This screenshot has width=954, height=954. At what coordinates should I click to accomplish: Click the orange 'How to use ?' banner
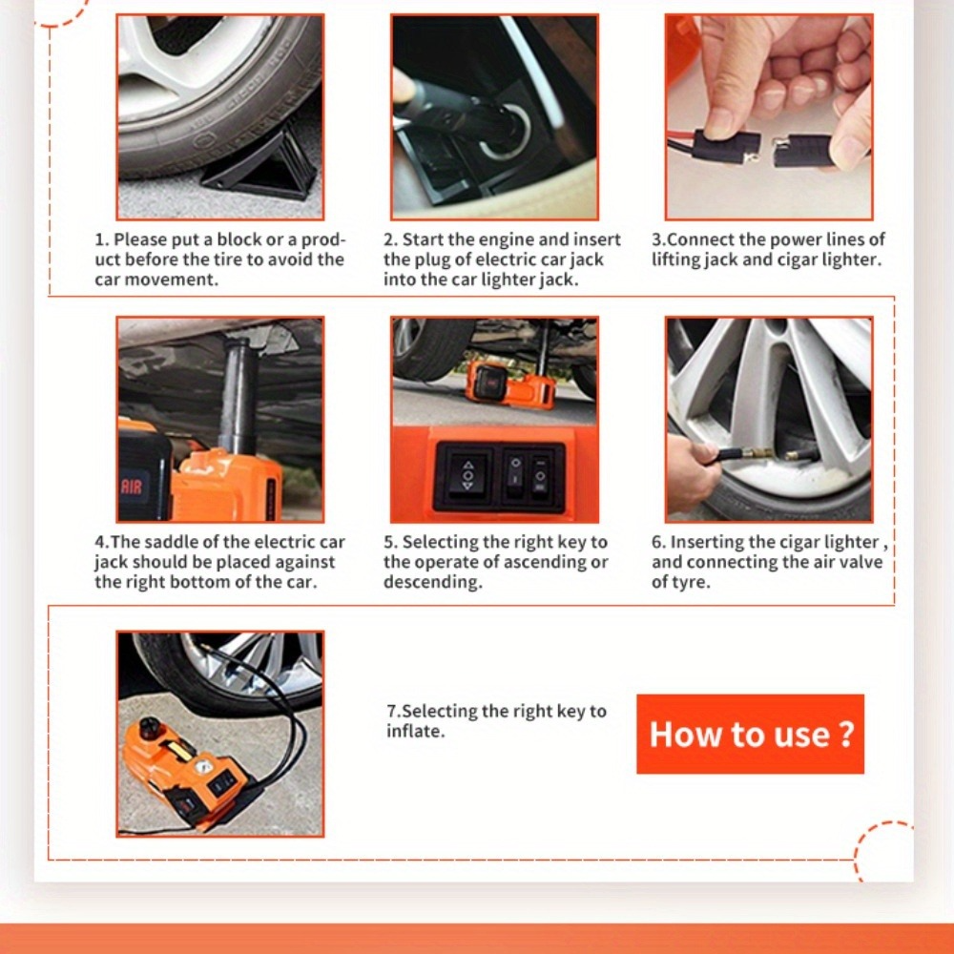(x=750, y=734)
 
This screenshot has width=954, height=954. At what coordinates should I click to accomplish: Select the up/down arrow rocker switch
(x=467, y=476)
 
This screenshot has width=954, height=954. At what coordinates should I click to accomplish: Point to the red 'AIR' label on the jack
(x=132, y=487)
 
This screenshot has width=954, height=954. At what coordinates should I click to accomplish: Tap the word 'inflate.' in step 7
(x=416, y=731)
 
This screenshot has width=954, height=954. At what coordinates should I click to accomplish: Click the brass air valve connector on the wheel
(x=758, y=454)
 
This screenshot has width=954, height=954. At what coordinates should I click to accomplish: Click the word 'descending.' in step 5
(x=432, y=582)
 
